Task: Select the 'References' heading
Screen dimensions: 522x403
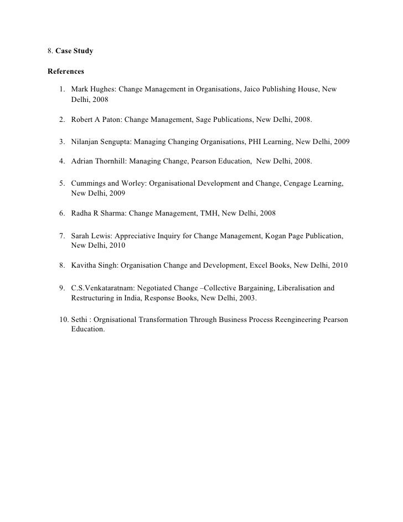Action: (66, 71)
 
